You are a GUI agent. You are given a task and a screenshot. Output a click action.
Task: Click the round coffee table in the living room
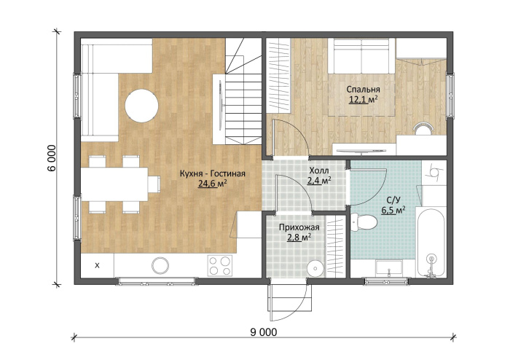coord(142,106)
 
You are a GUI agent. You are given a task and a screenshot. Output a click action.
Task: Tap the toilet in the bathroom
coord(364,222)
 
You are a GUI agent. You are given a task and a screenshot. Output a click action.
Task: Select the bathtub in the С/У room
coord(431,243)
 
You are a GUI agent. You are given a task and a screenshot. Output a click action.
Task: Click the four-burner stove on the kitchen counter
coord(220,266)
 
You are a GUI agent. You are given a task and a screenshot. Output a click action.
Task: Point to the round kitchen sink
coord(160,266)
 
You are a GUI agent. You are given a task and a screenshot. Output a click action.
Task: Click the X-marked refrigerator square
coord(97,266)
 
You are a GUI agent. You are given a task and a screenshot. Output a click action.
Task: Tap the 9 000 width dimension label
coord(264,332)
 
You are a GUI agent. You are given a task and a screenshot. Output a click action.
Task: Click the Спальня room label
coord(363,89)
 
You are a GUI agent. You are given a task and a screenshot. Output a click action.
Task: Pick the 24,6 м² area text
coord(212,184)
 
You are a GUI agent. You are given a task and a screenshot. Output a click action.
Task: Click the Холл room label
coord(319,171)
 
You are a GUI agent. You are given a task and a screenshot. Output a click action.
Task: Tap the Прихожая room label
coord(299,227)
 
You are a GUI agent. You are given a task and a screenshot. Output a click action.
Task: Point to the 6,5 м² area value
coord(393,210)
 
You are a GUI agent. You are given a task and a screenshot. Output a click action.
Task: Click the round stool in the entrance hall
coord(315,269)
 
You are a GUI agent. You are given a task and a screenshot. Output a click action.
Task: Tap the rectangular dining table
coord(114,184)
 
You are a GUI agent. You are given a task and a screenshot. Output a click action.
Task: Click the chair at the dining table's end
coord(154,184)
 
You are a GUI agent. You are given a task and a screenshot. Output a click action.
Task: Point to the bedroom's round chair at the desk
coord(423,128)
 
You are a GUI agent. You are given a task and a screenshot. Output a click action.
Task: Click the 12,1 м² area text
coord(364,99)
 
